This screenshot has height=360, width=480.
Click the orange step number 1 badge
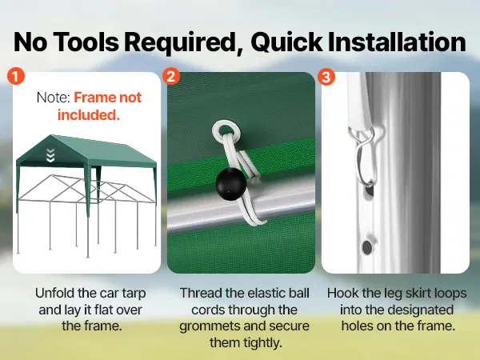[x=16, y=76]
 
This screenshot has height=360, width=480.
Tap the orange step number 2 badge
[x=171, y=76]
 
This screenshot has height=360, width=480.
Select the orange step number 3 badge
[x=326, y=76]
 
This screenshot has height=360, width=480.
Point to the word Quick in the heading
[x=286, y=42]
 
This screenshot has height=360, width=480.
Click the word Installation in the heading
[x=397, y=42]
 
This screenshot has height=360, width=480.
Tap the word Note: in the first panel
[x=54, y=98]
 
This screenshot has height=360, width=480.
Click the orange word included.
[x=89, y=115]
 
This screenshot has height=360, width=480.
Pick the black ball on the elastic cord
[x=231, y=184]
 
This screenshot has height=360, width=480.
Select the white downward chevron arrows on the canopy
[x=50, y=155]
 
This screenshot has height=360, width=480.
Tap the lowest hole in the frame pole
[x=366, y=247]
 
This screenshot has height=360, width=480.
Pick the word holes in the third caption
[x=357, y=326]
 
